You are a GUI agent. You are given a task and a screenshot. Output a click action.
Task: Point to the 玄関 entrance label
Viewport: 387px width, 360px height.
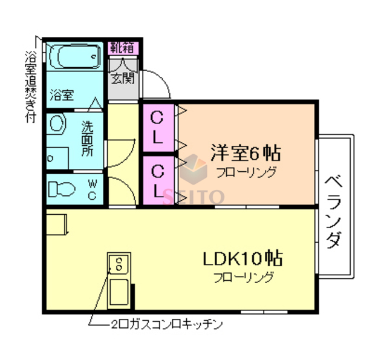tap(123, 77)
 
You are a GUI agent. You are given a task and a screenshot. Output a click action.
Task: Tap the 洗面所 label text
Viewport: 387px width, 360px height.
tap(88, 140)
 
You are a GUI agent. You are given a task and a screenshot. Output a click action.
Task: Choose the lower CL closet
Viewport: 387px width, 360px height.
tap(158, 180)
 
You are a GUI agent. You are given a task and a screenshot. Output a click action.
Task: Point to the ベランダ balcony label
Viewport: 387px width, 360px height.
tap(333, 212)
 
